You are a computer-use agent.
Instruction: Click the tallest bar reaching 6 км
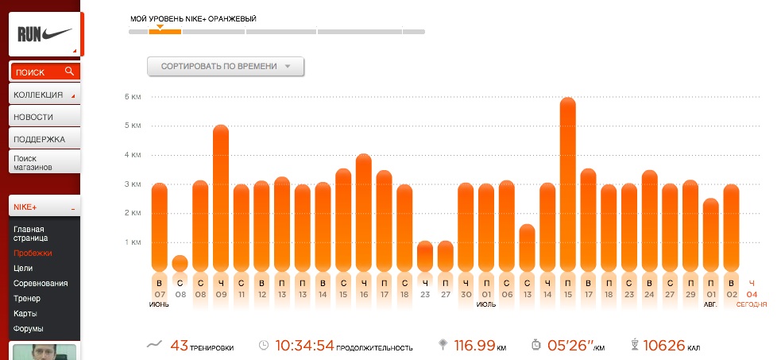pyautogui.click(x=568, y=184)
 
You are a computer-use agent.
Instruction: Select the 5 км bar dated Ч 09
pyautogui.click(x=221, y=198)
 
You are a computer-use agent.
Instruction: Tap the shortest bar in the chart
pyautogui.click(x=180, y=263)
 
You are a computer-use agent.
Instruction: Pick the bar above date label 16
pyautogui.click(x=364, y=213)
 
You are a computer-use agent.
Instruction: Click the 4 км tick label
pyautogui.click(x=133, y=155)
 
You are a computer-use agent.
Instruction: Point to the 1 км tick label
pyautogui.click(x=133, y=242)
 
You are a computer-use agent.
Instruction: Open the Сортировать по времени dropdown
pyautogui.click(x=226, y=66)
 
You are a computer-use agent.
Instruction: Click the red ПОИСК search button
pyautogui.click(x=44, y=72)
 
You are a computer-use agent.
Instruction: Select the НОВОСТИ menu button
pyautogui.click(x=44, y=117)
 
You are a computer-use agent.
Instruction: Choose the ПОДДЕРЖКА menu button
pyautogui.click(x=44, y=139)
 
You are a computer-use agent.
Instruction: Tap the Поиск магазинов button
pyautogui.click(x=44, y=162)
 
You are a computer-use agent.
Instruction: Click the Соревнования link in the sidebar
pyautogui.click(x=41, y=284)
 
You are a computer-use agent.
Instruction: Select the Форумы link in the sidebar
pyautogui.click(x=28, y=329)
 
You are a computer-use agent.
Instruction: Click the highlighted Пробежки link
pyautogui.click(x=33, y=253)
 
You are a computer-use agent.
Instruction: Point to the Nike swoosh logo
pyautogui.click(x=56, y=34)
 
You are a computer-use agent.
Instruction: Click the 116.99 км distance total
pyautogui.click(x=481, y=345)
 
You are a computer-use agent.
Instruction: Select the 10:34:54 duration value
pyautogui.click(x=304, y=345)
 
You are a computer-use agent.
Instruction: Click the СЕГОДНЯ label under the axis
pyautogui.click(x=752, y=304)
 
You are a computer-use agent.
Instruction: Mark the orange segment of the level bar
pyautogui.click(x=165, y=32)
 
